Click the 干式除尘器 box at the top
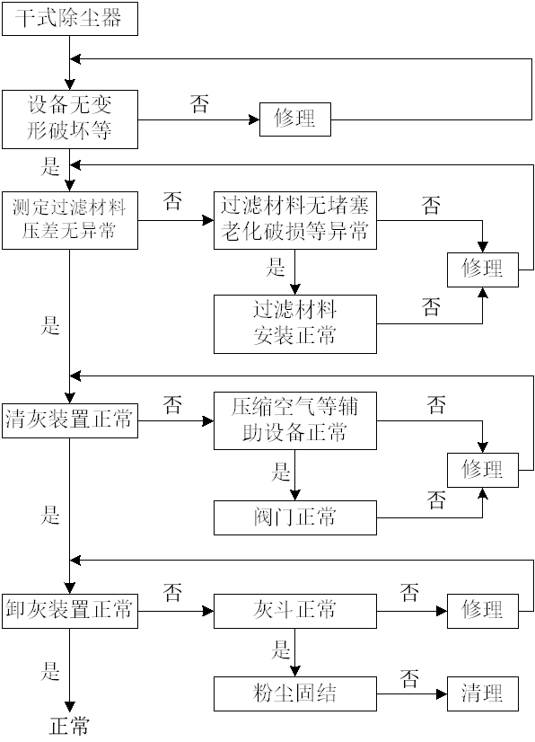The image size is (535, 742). click(70, 19)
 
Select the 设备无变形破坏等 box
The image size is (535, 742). click(70, 119)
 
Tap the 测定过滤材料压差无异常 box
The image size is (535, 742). click(70, 220)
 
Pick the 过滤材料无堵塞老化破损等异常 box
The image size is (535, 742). click(295, 220)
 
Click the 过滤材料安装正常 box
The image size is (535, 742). click(295, 324)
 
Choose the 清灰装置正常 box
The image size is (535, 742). click(70, 420)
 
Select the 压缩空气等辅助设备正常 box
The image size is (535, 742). click(295, 420)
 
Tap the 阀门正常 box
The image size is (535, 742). click(295, 517)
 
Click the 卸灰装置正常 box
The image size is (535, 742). click(70, 611)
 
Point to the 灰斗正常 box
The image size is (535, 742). click(295, 611)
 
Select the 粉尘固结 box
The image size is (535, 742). click(295, 693)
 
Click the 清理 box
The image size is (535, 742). click(483, 693)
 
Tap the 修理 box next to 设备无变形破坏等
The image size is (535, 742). click(295, 119)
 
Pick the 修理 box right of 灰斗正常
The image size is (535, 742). click(483, 611)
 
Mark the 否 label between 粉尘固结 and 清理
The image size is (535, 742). click(409, 678)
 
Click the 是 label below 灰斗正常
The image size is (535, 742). click(280, 649)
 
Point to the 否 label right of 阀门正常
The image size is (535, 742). click(436, 500)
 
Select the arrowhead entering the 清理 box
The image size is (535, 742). click(442, 694)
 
